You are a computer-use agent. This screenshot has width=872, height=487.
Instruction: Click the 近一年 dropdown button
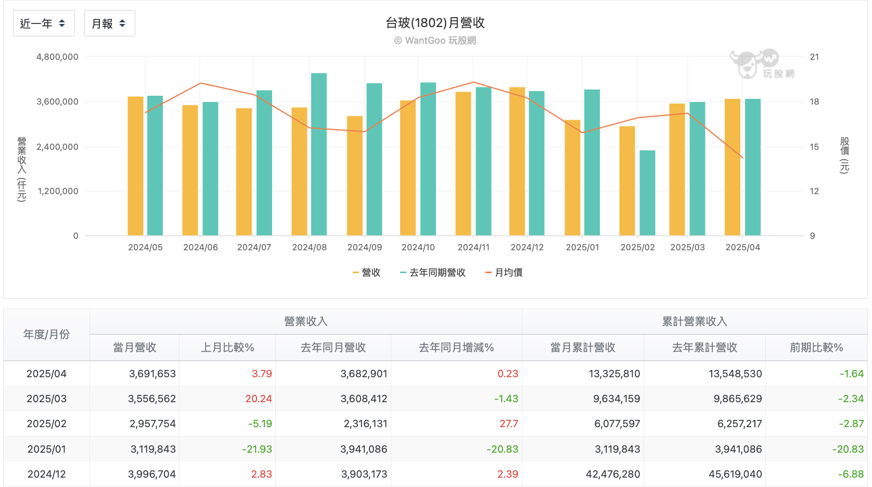pyautogui.click(x=44, y=23)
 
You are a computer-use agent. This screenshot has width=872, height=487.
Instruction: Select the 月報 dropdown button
pyautogui.click(x=109, y=23)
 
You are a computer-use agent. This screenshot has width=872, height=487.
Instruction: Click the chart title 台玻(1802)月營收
pyautogui.click(x=435, y=22)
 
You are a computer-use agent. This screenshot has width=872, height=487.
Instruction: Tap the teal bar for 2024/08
pyautogui.click(x=319, y=154)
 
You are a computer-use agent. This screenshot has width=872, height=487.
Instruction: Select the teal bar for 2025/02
pyautogui.click(x=647, y=193)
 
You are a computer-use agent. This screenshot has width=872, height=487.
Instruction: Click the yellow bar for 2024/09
pyautogui.click(x=355, y=175)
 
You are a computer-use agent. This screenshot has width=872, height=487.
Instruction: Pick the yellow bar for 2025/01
pyautogui.click(x=573, y=177)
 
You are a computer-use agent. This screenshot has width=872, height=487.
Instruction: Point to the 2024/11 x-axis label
pyautogui.click(x=473, y=247)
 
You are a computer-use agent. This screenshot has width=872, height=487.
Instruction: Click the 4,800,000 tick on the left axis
pyautogui.click(x=57, y=57)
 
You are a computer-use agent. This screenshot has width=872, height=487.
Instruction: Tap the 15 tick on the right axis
pyautogui.click(x=814, y=147)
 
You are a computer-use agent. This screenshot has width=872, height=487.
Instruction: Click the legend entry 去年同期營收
pyautogui.click(x=433, y=273)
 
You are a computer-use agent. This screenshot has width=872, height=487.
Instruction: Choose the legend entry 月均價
pyautogui.click(x=504, y=273)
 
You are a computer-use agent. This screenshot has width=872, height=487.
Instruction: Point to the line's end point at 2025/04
pyautogui.click(x=743, y=158)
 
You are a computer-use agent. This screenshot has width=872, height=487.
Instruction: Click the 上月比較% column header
pyautogui.click(x=227, y=347)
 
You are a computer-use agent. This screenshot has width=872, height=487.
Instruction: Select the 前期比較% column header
pyautogui.click(x=816, y=347)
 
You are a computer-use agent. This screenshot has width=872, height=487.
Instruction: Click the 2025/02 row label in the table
pyautogui.click(x=46, y=424)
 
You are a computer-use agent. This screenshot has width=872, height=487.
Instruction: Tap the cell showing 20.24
pyautogui.click(x=259, y=399)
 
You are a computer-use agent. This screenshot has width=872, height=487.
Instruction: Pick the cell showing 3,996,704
pyautogui.click(x=152, y=474)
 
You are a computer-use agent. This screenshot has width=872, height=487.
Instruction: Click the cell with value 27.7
pyautogui.click(x=509, y=424)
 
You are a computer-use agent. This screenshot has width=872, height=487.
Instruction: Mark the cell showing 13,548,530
pyautogui.click(x=735, y=374)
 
